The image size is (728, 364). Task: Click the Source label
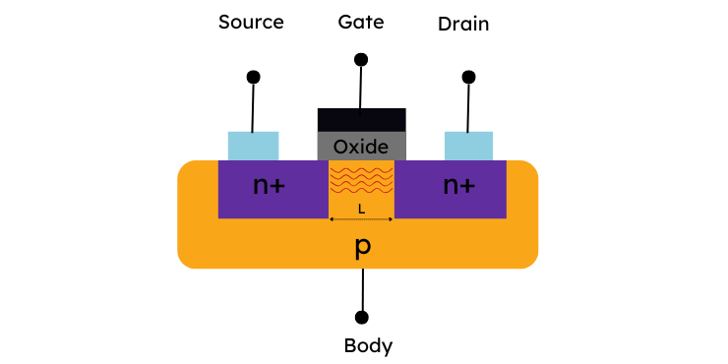pos(251,22)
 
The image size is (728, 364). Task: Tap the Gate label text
pos(361,22)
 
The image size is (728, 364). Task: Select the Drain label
pos(463,25)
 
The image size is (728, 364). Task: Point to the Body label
pos(368,346)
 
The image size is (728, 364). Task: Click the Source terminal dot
pos(254,77)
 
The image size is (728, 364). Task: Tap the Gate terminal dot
pos(361,59)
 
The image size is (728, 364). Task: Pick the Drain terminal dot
pos(469,77)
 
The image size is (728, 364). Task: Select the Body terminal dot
pos(362,318)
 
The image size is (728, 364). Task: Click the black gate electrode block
pos(362,120)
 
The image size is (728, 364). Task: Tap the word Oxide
pos(361,148)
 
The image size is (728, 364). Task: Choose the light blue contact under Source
pos(254,146)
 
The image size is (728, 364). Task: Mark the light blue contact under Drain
pos(469,146)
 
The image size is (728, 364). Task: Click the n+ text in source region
pos(269,185)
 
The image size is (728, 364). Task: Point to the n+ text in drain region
pos(459,185)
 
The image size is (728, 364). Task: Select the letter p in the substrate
pos(363,248)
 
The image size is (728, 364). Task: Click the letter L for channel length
pos(362,210)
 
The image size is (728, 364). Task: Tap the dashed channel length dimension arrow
pos(361,219)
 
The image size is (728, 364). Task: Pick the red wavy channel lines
pos(362,180)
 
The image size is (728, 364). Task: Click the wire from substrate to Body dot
pos(362,289)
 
